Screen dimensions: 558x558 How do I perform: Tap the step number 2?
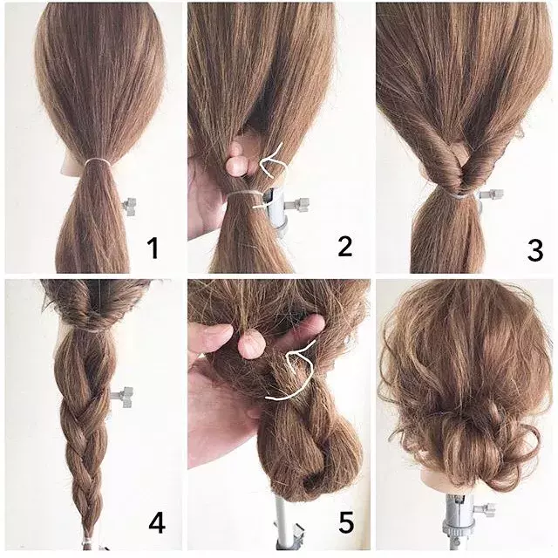point(345,246)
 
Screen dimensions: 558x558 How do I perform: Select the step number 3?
point(534,250)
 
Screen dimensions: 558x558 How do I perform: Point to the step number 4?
point(157,523)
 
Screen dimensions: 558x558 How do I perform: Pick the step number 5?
point(346,522)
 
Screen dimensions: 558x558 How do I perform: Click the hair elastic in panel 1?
point(97,161)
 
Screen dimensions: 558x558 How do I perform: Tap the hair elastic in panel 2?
point(246,194)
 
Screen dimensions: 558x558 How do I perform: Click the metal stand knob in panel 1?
point(130,207)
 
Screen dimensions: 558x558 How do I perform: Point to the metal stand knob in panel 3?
point(491,194)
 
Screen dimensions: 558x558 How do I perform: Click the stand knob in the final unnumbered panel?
point(485,509)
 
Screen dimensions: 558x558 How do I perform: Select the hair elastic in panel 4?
point(91,330)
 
